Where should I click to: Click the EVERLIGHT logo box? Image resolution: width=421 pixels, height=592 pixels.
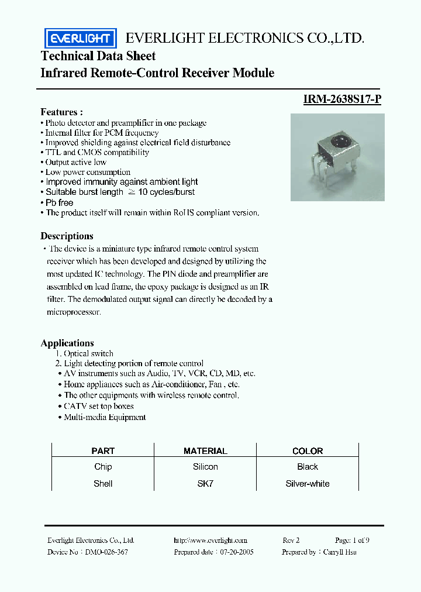pos(80,39)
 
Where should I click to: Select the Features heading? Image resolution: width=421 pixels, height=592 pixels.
pos(61,112)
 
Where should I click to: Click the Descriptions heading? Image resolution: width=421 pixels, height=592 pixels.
pos(67,236)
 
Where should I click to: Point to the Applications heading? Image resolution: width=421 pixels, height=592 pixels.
pos(67,343)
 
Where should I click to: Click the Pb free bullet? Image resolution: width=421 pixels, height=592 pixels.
pos(58,202)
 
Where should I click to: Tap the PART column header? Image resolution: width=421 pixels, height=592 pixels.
pos(103,451)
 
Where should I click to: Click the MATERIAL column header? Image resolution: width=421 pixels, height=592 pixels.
pos(205,451)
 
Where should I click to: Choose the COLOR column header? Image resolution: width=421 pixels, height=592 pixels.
pos(308,451)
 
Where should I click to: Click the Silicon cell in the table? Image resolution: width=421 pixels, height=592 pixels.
pos(205,467)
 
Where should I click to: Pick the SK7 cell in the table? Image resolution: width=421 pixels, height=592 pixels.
pos(205,484)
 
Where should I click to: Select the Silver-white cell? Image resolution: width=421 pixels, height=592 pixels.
pos(308,484)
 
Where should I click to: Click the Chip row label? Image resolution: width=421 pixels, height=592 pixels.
pos(103,467)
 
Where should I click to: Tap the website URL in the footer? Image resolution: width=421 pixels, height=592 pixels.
pos(210,541)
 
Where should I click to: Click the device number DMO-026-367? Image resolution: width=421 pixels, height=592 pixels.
pos(106,552)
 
